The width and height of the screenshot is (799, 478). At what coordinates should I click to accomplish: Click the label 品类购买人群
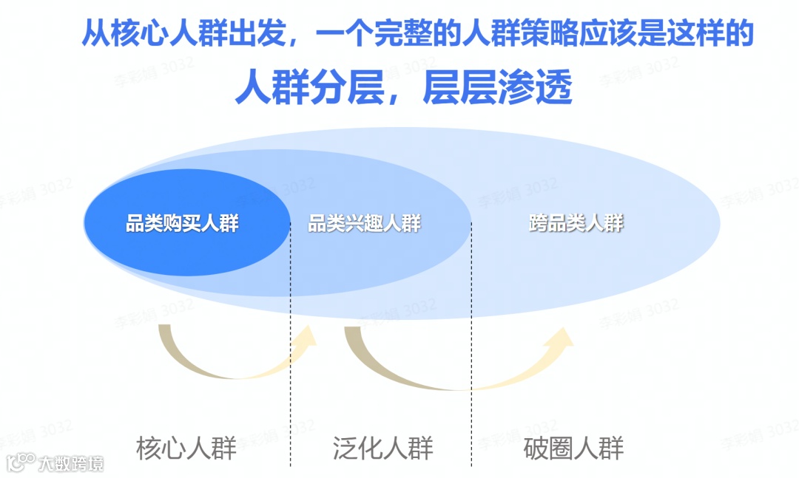(x=182, y=224)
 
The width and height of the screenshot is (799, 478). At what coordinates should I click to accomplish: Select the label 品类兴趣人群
(x=364, y=224)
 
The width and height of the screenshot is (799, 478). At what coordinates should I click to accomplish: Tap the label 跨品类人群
(x=576, y=224)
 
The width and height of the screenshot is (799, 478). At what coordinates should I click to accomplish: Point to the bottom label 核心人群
(x=186, y=448)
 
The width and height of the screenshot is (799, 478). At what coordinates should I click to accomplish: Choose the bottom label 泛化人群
(x=382, y=448)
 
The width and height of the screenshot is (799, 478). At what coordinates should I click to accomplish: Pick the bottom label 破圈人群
(x=574, y=448)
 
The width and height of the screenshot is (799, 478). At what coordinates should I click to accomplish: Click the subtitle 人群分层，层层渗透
(x=404, y=89)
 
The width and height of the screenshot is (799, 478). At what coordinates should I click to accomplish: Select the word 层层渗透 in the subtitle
(x=498, y=89)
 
